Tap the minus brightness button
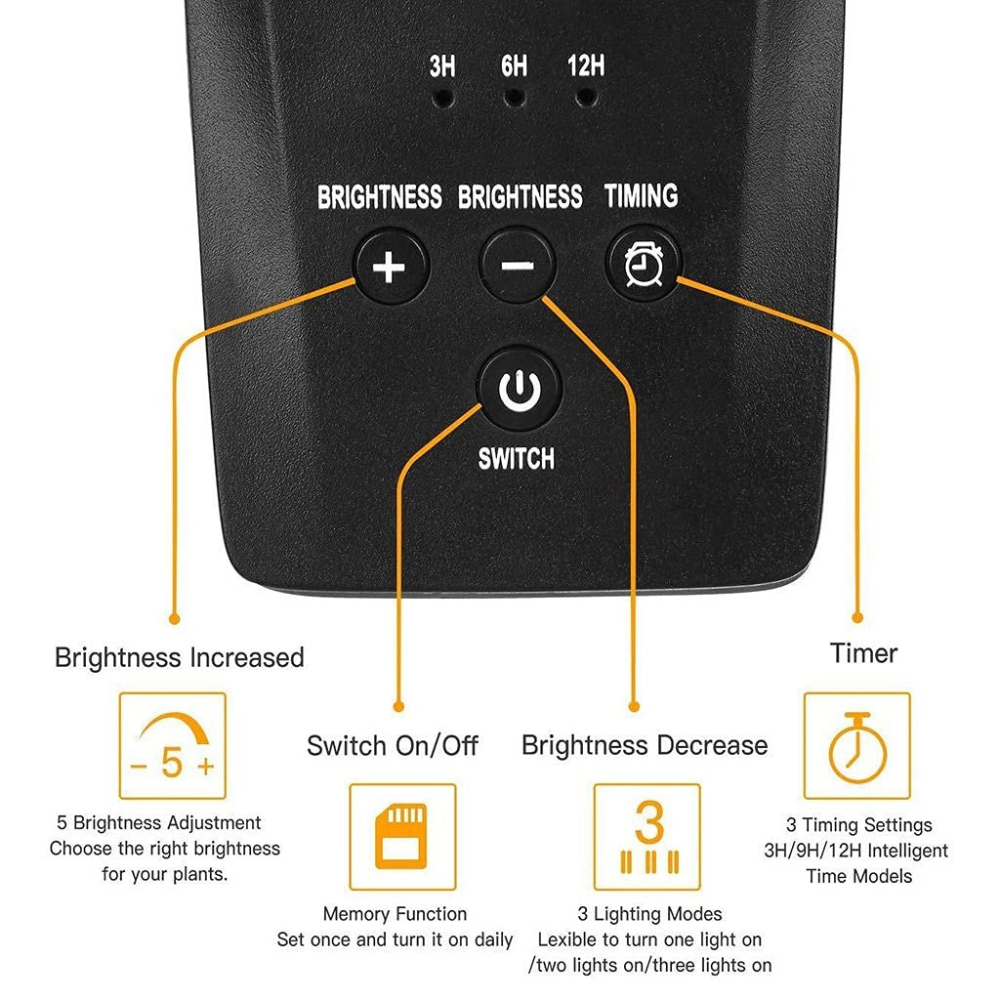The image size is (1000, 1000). coord(518,265)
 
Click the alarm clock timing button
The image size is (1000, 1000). coord(643,264)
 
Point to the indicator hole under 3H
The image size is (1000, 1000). coord(443,99)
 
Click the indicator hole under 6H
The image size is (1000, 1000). coord(514,99)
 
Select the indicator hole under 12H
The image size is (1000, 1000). coord(586,99)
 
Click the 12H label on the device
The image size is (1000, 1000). coord(586,65)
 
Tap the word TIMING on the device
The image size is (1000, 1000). coord(641,195)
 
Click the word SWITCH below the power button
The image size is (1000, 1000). coord(516,459)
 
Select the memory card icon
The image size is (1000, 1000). coord(401,836)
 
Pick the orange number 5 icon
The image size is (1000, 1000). coord(172,762)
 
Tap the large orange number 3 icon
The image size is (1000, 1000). coord(648,821)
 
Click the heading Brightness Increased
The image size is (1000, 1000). coord(180,657)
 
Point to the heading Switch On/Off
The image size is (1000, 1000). coord(393,745)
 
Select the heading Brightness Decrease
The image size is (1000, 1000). coord(645,745)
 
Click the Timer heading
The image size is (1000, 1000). coord(863,653)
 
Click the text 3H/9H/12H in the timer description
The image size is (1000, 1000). coord(812,851)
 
